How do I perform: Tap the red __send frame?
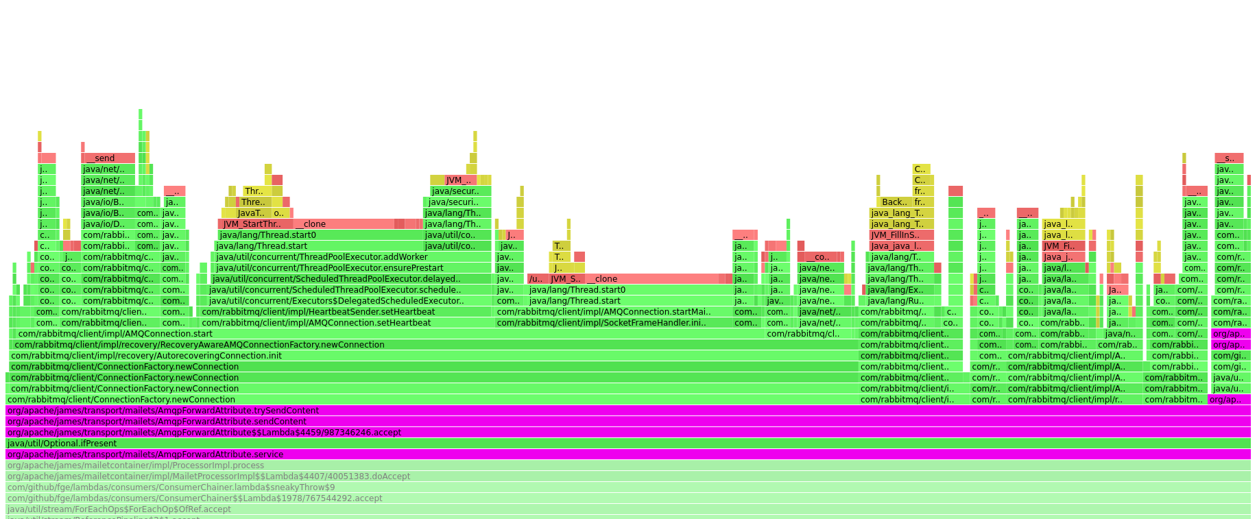(x=108, y=158)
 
